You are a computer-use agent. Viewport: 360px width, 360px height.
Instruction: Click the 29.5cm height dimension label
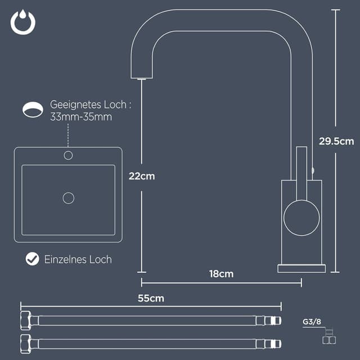click(336, 141)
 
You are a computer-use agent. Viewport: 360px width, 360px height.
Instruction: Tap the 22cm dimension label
click(141, 176)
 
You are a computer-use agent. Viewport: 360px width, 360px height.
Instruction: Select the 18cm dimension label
click(221, 274)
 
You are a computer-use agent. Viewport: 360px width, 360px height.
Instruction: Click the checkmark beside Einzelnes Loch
click(33, 259)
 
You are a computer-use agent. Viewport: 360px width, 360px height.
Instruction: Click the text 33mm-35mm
click(81, 118)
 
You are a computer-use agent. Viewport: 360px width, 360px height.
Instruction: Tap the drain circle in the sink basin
click(69, 198)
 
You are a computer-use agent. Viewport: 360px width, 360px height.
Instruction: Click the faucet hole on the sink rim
click(69, 155)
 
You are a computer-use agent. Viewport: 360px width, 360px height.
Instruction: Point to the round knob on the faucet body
click(301, 217)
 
